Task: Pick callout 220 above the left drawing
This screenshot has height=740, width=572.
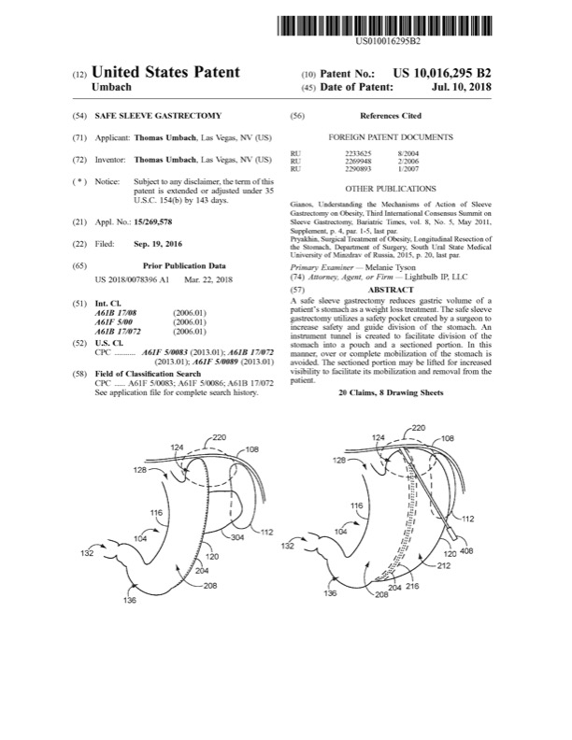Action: click(220, 437)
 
